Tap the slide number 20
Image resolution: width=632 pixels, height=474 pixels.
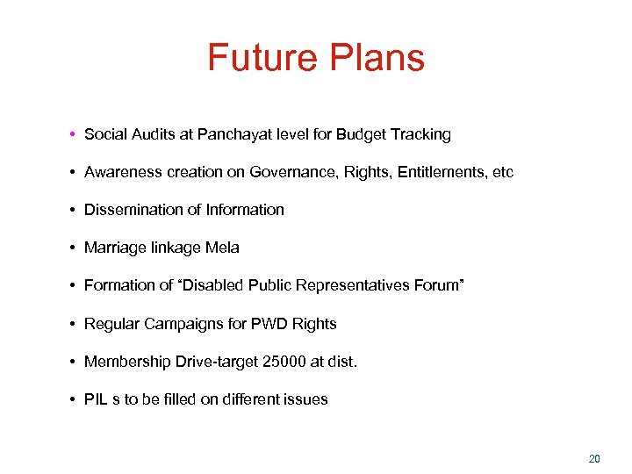[594, 458]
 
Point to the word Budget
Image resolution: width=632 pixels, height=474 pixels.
[362, 134]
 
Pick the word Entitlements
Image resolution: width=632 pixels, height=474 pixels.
[445, 172]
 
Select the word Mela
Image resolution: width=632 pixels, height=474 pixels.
[222, 248]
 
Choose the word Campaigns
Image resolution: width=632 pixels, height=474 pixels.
[182, 324]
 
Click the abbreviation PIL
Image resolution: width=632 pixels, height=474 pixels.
[95, 399]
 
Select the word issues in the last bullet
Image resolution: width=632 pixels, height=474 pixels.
[306, 399]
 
